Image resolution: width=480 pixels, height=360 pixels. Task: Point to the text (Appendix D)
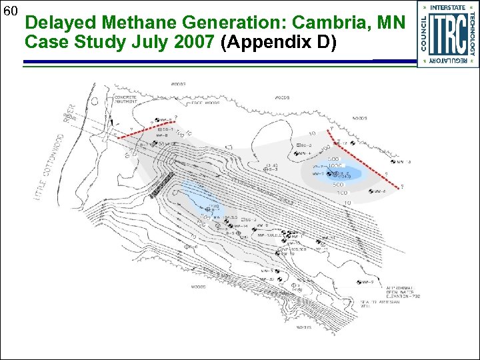pyautogui.click(x=281, y=43)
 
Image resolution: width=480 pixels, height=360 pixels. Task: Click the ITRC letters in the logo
pyautogui.click(x=447, y=34)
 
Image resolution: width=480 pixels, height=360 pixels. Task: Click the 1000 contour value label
pyautogui.click(x=334, y=165)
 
